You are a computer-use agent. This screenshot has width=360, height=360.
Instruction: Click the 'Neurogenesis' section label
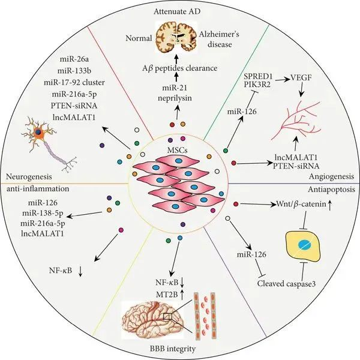coord(31,176)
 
